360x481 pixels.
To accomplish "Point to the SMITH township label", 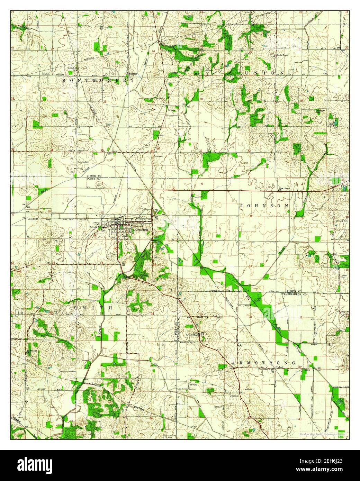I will [x=93, y=307].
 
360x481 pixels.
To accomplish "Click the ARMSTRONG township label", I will [x=263, y=363].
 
